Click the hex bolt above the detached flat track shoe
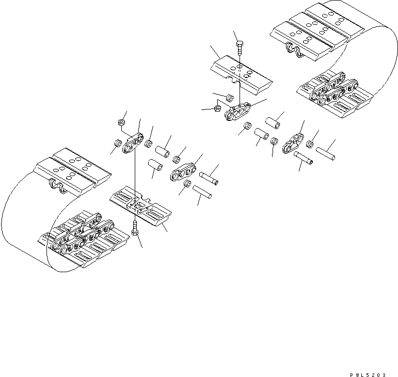pyautogui.click(x=238, y=49)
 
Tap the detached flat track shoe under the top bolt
pyautogui.click(x=241, y=72)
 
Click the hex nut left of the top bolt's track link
pyautogui.click(x=217, y=108)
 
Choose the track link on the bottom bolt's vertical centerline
pyautogui.click(x=133, y=143)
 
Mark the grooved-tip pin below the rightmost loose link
pyautogui.click(x=304, y=158)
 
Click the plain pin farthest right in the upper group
pyautogui.click(x=326, y=152)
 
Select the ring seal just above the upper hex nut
pyautogui.click(x=230, y=98)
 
